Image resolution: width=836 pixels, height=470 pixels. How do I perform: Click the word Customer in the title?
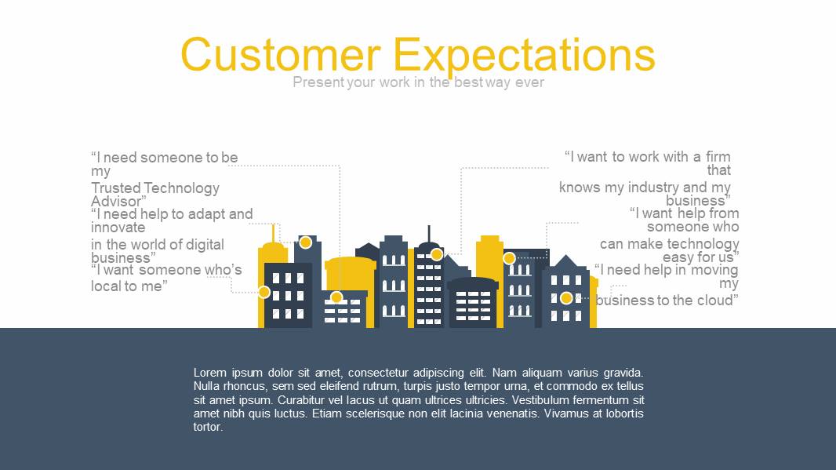point(281,54)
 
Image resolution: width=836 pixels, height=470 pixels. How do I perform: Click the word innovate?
point(118,228)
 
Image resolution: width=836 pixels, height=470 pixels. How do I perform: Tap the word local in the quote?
point(107,286)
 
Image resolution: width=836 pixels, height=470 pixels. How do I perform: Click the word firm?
point(718,157)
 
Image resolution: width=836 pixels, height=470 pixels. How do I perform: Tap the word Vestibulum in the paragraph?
point(544,400)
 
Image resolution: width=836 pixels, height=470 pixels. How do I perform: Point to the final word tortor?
point(208,428)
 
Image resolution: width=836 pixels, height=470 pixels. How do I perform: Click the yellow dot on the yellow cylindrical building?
point(336,297)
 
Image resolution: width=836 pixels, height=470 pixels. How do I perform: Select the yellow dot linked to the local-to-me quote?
point(264,292)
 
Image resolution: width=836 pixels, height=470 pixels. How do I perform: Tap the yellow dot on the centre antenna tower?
point(437,254)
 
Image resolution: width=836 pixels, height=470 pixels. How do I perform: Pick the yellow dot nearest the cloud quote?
point(566,298)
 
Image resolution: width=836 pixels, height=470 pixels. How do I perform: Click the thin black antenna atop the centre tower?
point(429,234)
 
